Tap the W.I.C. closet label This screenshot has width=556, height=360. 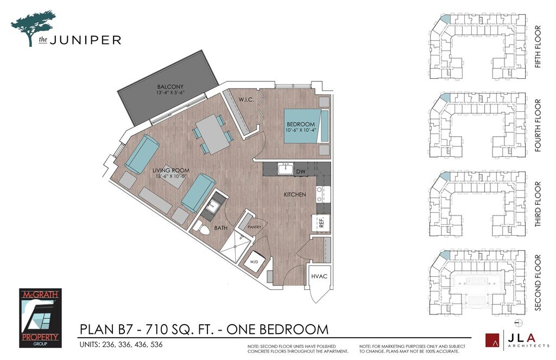(x=246, y=100)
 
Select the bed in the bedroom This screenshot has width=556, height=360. (x=307, y=126)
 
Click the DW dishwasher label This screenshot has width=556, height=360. (x=301, y=172)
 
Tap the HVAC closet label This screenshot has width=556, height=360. (x=319, y=276)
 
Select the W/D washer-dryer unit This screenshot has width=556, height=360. (x=254, y=262)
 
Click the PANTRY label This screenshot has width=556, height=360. (x=254, y=227)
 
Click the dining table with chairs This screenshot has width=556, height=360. (x=211, y=134)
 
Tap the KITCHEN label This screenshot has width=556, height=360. (x=295, y=195)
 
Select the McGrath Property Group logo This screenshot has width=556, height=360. (x=40, y=318)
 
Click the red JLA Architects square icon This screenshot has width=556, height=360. (x=492, y=340)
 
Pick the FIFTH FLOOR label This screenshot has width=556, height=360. (x=538, y=47)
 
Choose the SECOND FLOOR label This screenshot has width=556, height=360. (x=538, y=283)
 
